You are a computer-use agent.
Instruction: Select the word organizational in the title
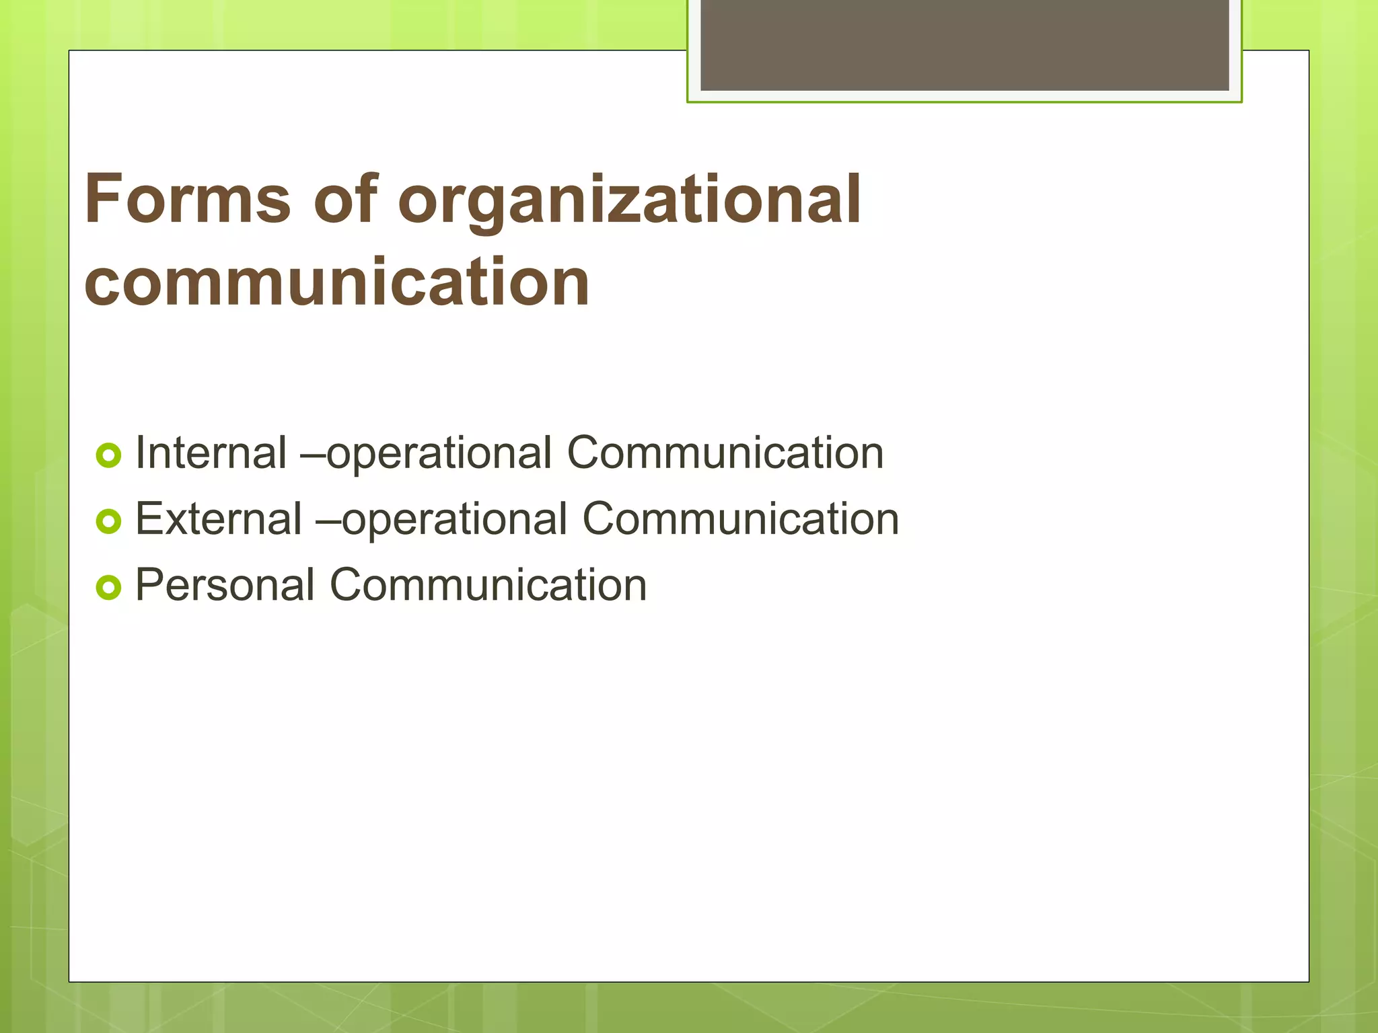click(x=629, y=202)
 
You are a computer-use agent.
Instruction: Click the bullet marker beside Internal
click(x=108, y=456)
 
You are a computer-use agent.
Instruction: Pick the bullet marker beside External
click(x=108, y=521)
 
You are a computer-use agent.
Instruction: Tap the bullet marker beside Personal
click(x=108, y=587)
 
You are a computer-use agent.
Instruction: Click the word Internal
click(x=211, y=453)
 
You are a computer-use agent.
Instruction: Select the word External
click(x=219, y=519)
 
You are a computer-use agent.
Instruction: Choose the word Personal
click(x=225, y=584)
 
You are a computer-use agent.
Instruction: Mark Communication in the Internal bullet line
click(x=725, y=453)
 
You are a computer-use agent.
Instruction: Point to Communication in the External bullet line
click(x=740, y=519)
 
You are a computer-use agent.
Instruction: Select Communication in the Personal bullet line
click(x=488, y=584)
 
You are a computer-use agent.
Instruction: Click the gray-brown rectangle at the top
click(x=964, y=44)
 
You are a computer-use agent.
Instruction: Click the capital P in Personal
click(x=149, y=584)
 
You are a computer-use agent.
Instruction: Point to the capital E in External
click(x=148, y=519)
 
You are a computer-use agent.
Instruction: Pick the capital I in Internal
click(x=140, y=453)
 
